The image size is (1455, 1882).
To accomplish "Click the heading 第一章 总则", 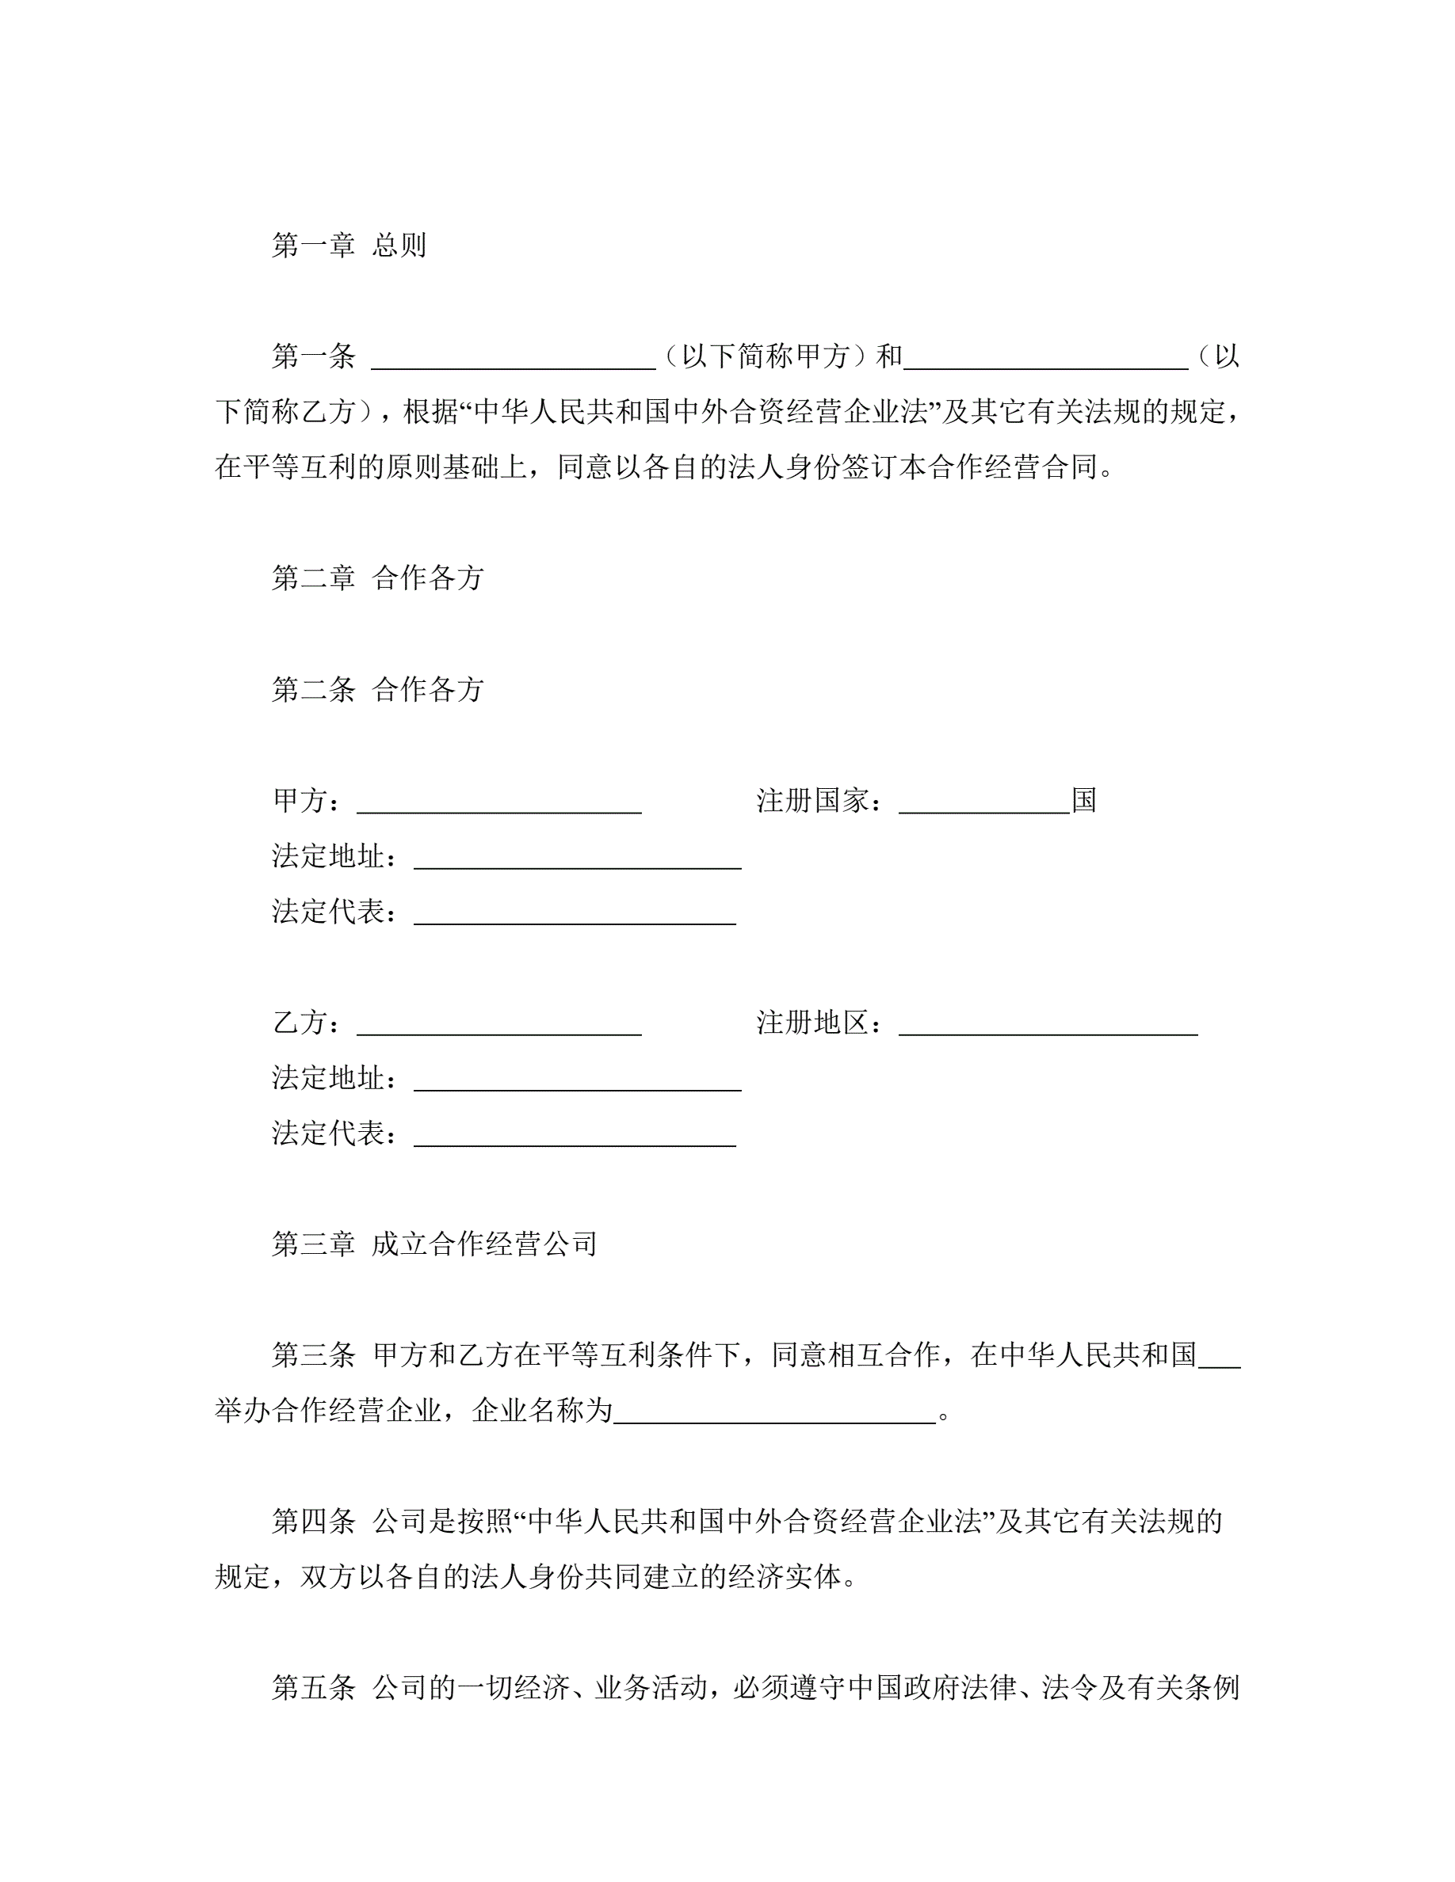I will point(349,246).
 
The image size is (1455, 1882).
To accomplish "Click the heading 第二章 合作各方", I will point(377,577).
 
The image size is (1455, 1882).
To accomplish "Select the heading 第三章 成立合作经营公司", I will point(434,1244).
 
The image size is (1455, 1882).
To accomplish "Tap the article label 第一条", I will point(314,356).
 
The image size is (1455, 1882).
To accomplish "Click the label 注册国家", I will point(812,801).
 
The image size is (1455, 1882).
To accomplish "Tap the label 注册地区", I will point(812,1023).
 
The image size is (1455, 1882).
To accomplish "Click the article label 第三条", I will point(314,1354).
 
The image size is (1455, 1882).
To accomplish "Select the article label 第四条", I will point(314,1521).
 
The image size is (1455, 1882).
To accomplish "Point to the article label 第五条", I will point(314,1687).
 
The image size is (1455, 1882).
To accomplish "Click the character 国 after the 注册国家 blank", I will point(1083,801).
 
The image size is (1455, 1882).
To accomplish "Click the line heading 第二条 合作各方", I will point(377,688).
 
